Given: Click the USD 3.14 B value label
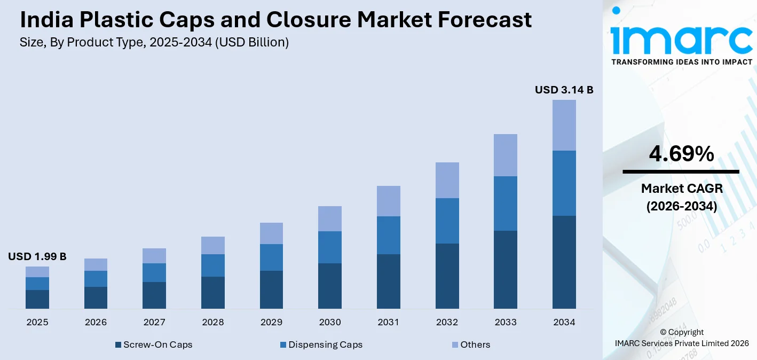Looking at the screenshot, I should (x=564, y=90).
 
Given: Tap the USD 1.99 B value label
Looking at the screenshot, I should (x=37, y=257).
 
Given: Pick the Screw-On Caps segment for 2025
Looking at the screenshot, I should (x=37, y=299).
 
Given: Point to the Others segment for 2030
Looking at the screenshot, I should (x=330, y=218).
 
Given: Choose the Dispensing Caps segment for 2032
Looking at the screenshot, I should (x=447, y=221).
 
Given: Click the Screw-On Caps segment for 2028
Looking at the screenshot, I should (x=213, y=292).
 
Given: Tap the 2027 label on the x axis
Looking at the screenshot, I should (x=154, y=322).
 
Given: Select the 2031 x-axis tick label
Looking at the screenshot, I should (x=388, y=322).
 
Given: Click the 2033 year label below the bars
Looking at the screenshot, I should (x=506, y=322).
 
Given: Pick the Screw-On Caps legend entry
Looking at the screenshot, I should (x=154, y=345).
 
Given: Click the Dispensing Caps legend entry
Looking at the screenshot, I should (x=321, y=345).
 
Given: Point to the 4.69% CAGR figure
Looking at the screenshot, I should (x=681, y=154).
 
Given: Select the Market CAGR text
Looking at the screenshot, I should (x=681, y=189).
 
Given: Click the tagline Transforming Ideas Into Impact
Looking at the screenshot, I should (x=681, y=62).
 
